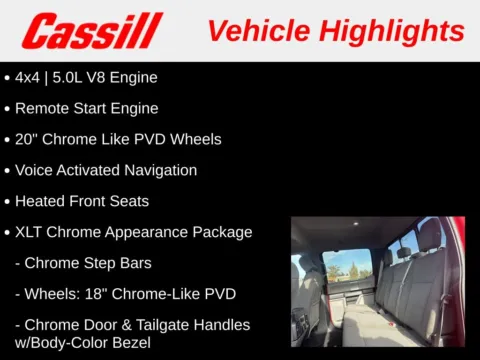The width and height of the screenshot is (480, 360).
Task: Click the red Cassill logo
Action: coord(92,31)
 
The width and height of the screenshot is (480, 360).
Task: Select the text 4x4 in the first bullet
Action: coord(28,77)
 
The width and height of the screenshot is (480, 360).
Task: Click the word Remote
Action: coord(44,108)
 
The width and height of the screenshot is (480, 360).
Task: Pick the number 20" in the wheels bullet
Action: coord(27,139)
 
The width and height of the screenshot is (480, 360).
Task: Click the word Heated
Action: coord(43,201)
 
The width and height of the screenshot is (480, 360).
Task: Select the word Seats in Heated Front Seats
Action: coord(128,201)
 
